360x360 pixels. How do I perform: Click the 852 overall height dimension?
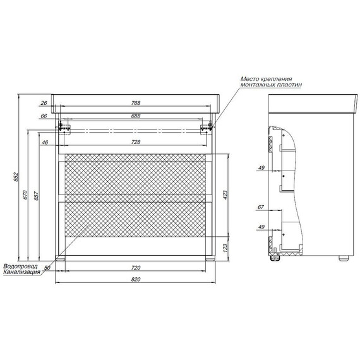pyautogui.click(x=16, y=177)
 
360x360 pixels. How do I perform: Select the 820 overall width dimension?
pyautogui.click(x=136, y=279)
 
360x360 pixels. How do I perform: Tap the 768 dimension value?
pyautogui.click(x=136, y=103)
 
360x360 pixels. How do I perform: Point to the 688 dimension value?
pyautogui.click(x=136, y=116)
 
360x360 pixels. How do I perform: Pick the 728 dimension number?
pyautogui.click(x=136, y=142)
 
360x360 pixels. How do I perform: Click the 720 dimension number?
pyautogui.click(x=136, y=268)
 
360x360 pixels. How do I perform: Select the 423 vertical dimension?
pyautogui.click(x=225, y=195)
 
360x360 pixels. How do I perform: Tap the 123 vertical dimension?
pyautogui.click(x=225, y=248)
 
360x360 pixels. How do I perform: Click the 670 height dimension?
pyautogui.click(x=25, y=195)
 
